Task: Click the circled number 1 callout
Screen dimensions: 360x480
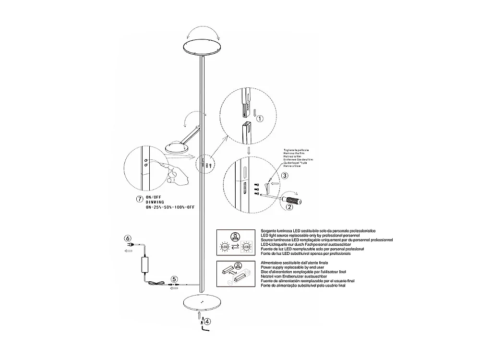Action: point(259,118)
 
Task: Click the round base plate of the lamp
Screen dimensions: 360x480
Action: point(202,303)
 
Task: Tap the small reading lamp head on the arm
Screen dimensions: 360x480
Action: point(176,146)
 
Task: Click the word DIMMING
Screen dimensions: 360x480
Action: point(156,203)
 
